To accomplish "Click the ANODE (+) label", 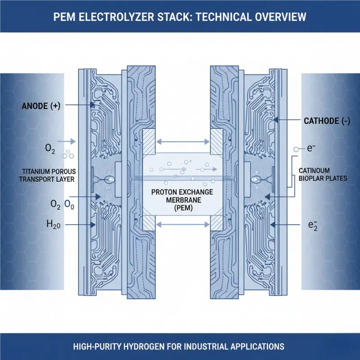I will point(41,107).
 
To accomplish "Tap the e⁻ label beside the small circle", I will point(310,148).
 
